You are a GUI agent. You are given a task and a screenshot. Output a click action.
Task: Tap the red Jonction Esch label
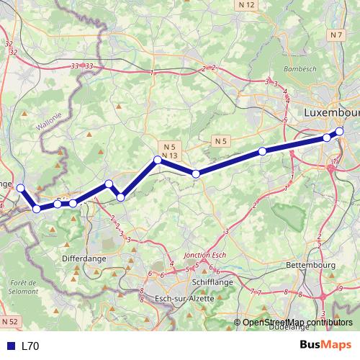[x=206, y=256]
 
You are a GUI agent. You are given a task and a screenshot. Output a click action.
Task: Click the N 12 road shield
[x=247, y=5]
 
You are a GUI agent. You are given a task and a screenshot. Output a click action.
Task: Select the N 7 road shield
[x=336, y=35]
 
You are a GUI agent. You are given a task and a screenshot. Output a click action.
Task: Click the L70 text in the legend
[x=30, y=346]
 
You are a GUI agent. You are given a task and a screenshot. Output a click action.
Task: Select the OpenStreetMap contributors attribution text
[x=297, y=323]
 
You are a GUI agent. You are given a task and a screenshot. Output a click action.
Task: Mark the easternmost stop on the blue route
[x=340, y=131]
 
